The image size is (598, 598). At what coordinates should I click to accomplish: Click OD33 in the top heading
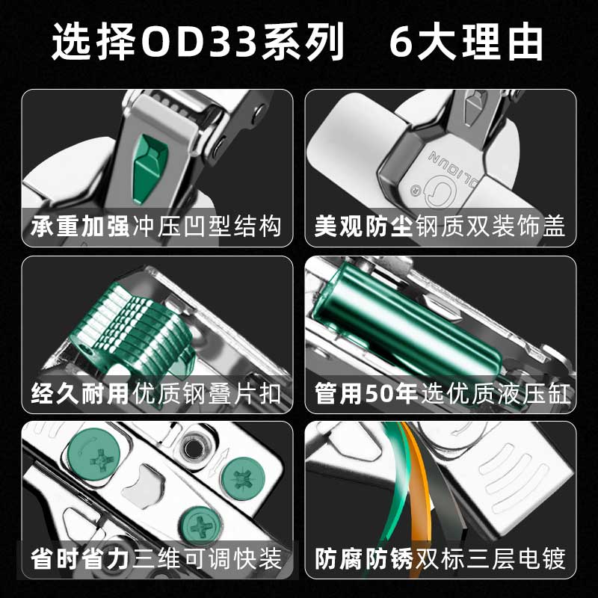198,42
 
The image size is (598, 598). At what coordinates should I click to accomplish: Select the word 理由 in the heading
502,42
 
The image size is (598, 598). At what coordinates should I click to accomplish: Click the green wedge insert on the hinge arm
150,166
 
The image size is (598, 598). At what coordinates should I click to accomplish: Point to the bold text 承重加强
80,226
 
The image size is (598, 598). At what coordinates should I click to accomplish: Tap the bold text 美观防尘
363,226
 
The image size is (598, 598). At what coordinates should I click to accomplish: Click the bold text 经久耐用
80,393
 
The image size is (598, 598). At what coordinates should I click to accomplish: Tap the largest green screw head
94,454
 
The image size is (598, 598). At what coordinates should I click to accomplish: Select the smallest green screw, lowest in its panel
200,526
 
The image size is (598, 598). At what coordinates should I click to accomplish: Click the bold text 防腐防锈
364,559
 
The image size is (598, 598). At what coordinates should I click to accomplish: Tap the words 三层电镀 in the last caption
517,559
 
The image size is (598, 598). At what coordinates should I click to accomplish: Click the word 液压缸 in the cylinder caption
534,394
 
